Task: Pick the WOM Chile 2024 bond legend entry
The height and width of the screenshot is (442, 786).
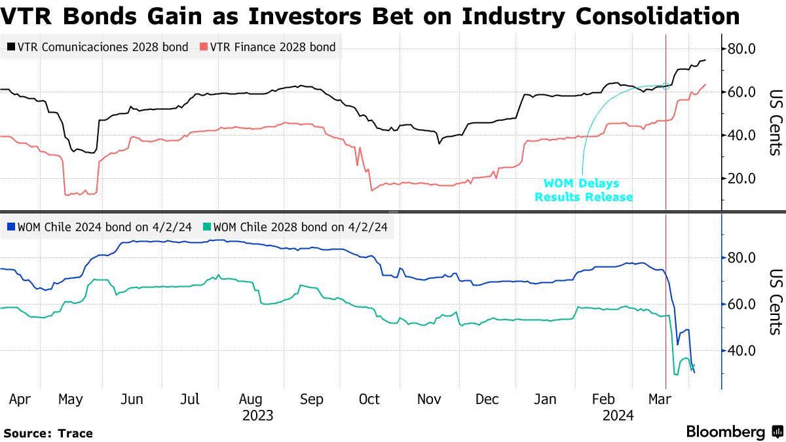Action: tap(102, 227)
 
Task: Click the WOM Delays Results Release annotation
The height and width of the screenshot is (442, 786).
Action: tap(584, 190)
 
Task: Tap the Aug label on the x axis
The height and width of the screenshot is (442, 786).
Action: tap(251, 399)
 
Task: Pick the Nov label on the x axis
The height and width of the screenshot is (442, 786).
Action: tap(430, 399)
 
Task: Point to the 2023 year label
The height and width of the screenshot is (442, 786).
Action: tap(257, 415)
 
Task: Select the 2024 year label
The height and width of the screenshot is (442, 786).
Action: tap(618, 415)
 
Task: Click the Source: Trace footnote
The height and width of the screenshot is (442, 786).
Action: tap(48, 433)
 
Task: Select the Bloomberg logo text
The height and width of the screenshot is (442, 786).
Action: tap(725, 432)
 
